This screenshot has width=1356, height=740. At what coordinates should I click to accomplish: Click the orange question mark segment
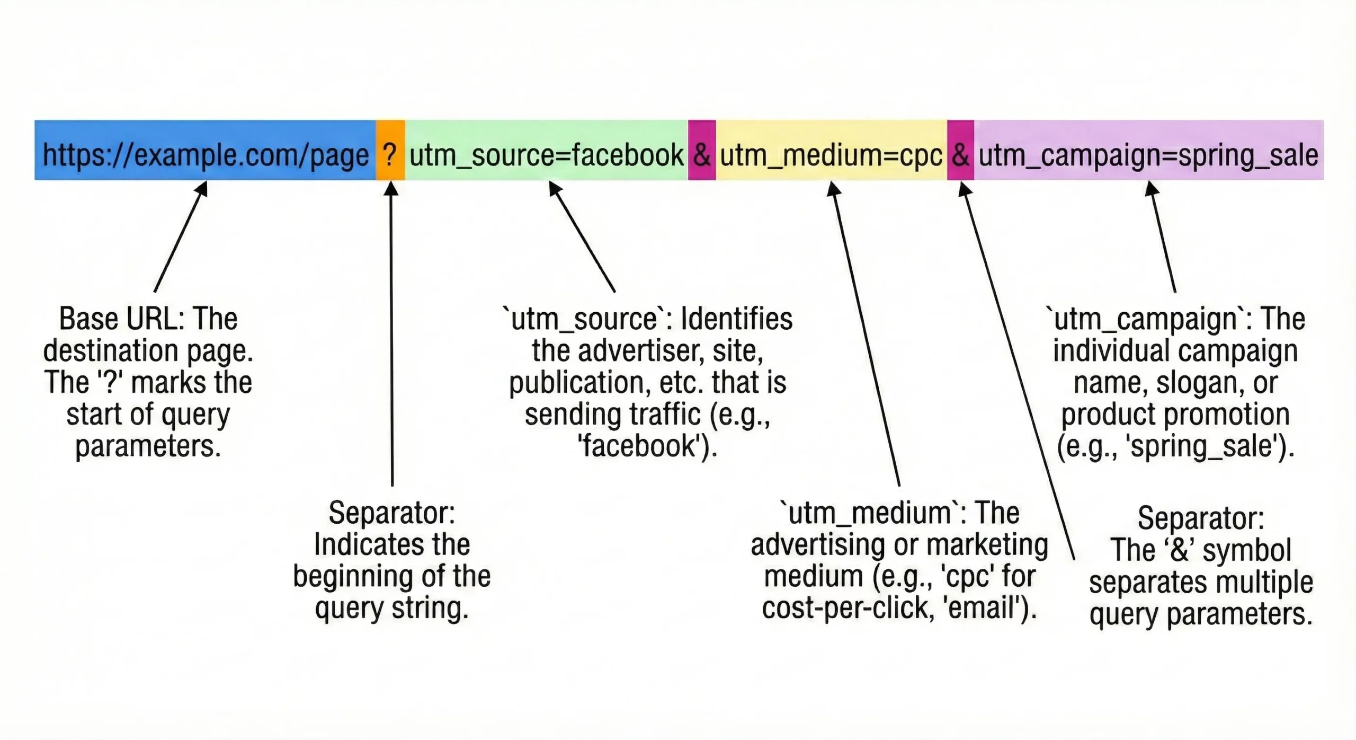(x=390, y=151)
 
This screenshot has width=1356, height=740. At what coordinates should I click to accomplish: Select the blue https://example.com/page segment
(x=205, y=151)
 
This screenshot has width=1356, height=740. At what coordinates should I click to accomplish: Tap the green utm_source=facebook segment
(x=546, y=151)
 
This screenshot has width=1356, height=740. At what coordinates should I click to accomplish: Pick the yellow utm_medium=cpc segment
(x=831, y=151)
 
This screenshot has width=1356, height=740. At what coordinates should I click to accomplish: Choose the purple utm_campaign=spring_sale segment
(x=1148, y=151)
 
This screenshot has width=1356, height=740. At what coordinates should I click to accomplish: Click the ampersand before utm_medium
(x=701, y=151)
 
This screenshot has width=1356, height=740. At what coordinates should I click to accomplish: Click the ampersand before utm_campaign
(x=960, y=151)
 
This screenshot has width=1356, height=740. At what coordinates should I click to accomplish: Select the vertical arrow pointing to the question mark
(x=391, y=334)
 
